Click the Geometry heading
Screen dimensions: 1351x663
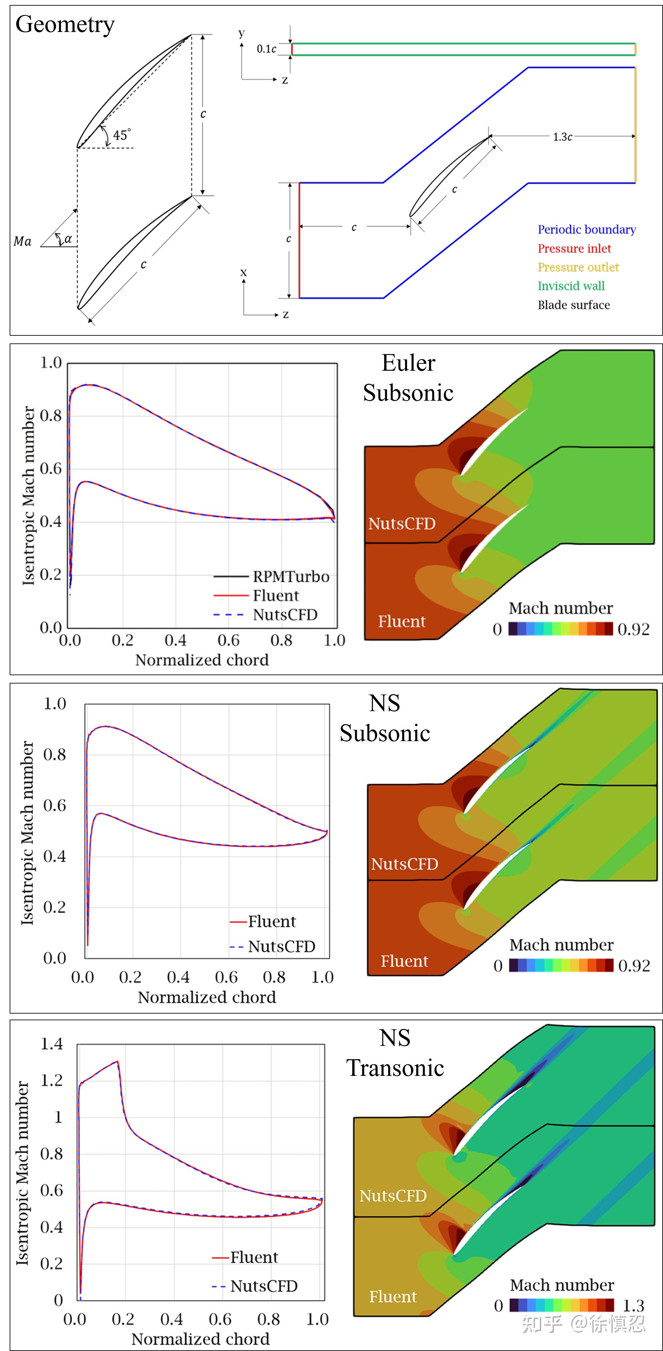[x=65, y=25]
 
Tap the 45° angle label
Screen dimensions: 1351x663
[x=121, y=135]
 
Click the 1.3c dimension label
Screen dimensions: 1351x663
[x=562, y=137]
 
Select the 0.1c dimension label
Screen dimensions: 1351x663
[x=266, y=49]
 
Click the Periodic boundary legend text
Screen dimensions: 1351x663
[x=586, y=230]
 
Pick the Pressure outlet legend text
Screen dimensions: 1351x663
[x=578, y=267]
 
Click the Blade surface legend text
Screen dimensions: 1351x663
[x=573, y=305]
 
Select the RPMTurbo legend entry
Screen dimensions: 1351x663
[x=291, y=577]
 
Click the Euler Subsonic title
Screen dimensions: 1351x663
[x=408, y=378]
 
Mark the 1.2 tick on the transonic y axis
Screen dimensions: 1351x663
[x=52, y=1081]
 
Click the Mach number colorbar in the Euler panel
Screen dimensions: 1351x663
[x=560, y=629]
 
